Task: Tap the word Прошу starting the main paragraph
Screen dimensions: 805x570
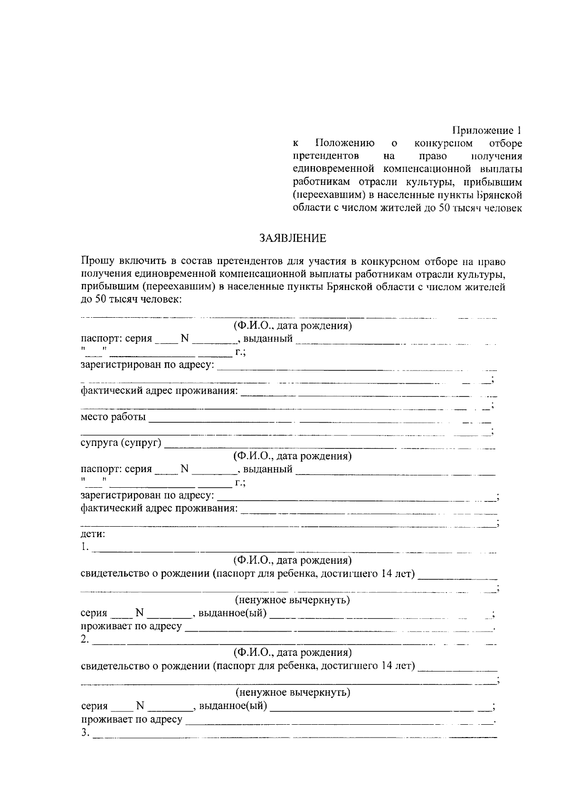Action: pos(96,261)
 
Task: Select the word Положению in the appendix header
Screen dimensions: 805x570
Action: pos(344,143)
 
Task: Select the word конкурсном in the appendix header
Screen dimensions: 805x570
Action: pos(443,143)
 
